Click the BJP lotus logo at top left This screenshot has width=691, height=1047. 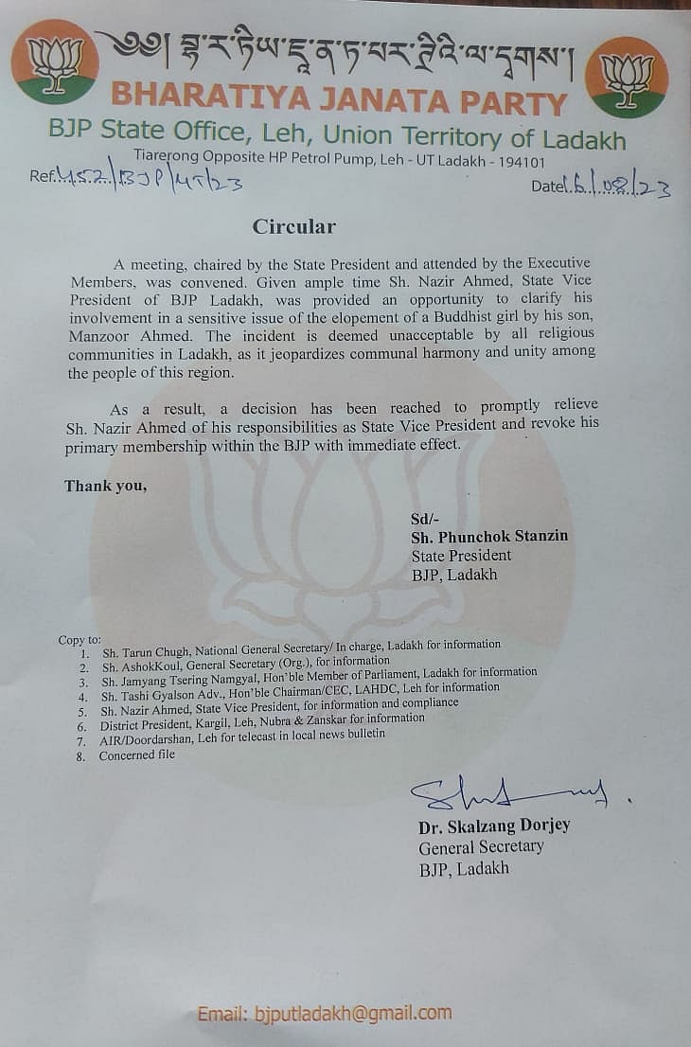click(x=55, y=61)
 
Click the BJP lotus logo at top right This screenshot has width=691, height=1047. click(x=626, y=77)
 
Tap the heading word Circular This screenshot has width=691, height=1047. click(x=293, y=226)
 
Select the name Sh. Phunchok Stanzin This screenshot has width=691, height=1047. click(x=489, y=537)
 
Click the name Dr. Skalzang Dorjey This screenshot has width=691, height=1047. click(x=494, y=825)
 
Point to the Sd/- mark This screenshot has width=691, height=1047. click(x=421, y=518)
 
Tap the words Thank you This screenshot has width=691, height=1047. click(x=105, y=486)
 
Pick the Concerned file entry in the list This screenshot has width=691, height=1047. click(x=136, y=754)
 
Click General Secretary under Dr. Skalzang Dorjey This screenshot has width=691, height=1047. click(x=481, y=846)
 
